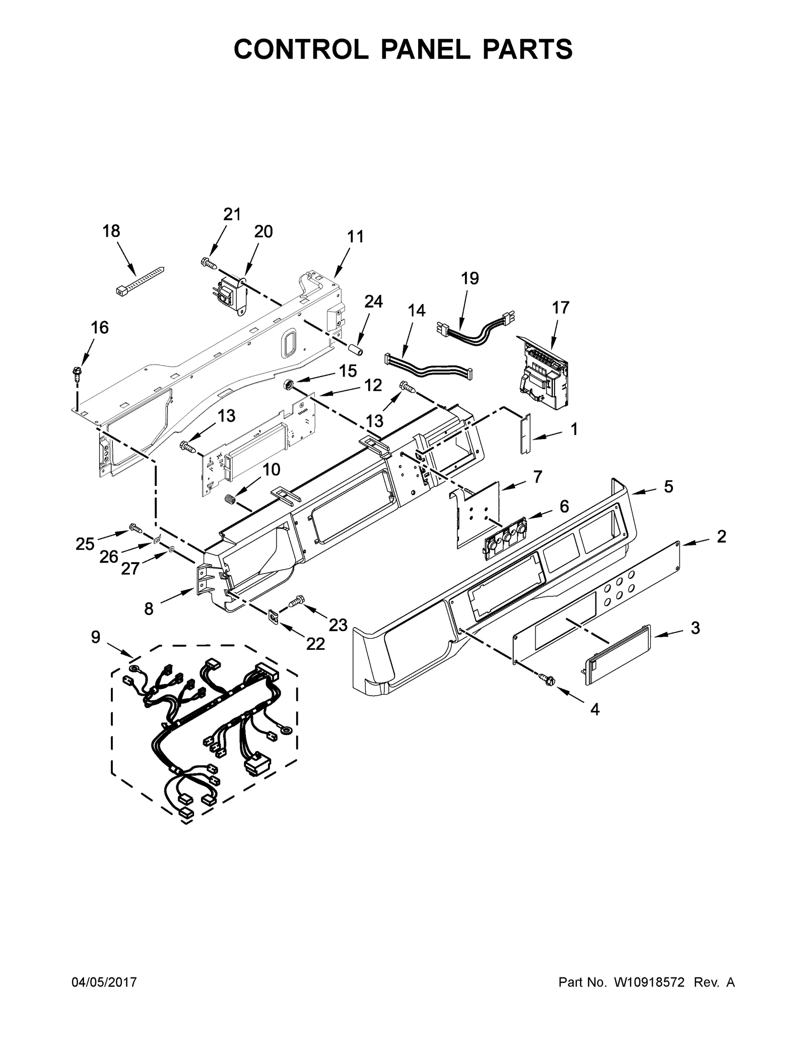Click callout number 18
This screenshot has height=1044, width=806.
pyautogui.click(x=111, y=231)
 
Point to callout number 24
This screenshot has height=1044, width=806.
pyautogui.click(x=373, y=301)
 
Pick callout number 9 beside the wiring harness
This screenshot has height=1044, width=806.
pyautogui.click(x=96, y=637)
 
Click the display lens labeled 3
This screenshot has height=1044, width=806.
pyautogui.click(x=618, y=655)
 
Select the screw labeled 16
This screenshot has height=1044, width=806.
pyautogui.click(x=77, y=373)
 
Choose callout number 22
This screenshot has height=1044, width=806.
pyautogui.click(x=315, y=644)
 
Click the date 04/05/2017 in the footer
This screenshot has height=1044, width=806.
pyautogui.click(x=104, y=982)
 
